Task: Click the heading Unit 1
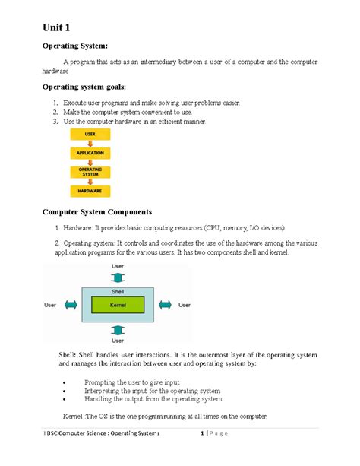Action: coord(59,29)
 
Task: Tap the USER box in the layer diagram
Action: coord(90,135)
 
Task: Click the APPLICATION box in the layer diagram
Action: coord(90,153)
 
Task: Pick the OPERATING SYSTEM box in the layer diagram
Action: coord(90,173)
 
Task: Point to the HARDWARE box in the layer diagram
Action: coord(90,191)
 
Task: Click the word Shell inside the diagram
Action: coord(118,290)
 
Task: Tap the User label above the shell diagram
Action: coord(118,266)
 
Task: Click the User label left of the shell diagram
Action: coord(50,305)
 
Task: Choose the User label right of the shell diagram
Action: coord(185,305)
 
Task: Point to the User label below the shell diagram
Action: coord(118,341)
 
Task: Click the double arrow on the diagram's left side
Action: coord(70,305)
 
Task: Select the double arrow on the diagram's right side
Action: coord(164,305)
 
